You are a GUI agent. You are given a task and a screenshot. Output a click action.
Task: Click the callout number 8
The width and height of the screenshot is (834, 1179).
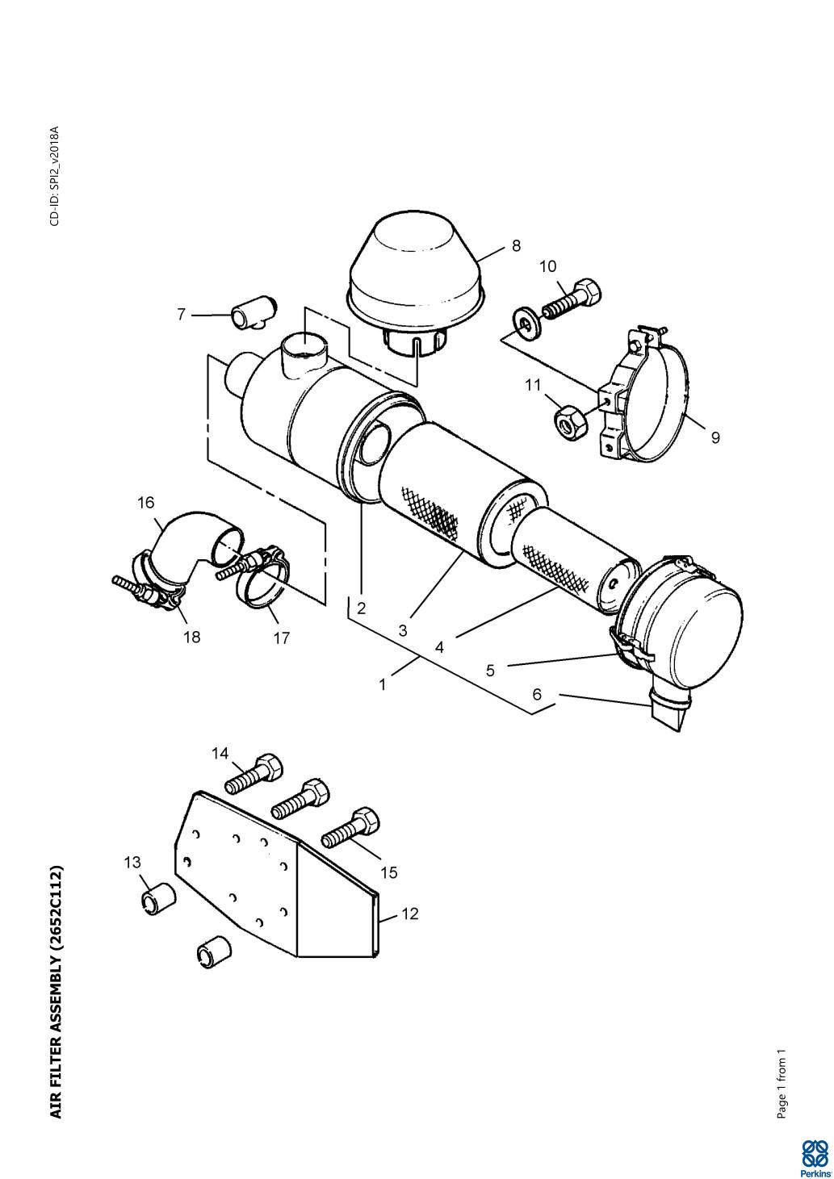(x=516, y=245)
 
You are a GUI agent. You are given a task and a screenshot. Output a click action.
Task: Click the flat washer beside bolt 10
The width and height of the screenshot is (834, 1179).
(x=526, y=321)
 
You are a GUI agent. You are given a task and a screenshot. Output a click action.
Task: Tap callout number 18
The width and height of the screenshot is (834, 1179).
(x=192, y=637)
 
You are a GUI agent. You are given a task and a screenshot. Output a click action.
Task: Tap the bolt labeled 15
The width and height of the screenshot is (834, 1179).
(x=350, y=832)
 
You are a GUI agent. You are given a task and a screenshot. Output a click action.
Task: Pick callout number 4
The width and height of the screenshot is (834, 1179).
(x=439, y=646)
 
